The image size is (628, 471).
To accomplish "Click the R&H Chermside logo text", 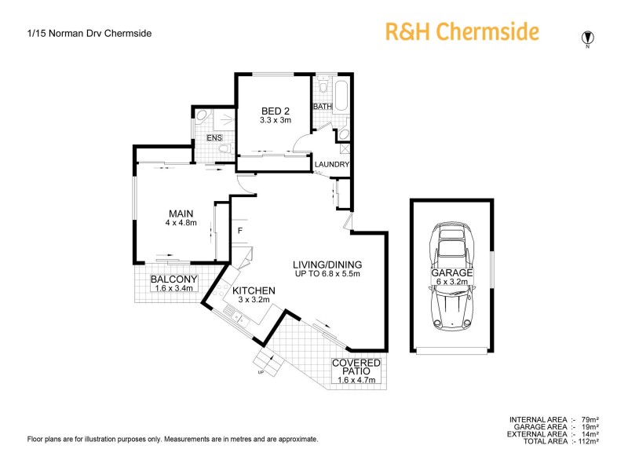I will (x=462, y=32).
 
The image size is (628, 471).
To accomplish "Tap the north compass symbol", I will (x=586, y=38).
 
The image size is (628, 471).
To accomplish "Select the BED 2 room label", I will (x=276, y=111).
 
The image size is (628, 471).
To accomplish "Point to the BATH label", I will (x=322, y=106).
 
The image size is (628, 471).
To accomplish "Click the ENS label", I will (x=214, y=139).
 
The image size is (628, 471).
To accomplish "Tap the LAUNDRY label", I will (x=332, y=164).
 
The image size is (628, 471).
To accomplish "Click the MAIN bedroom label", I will (x=181, y=213).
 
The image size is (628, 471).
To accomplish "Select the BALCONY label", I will (x=173, y=279).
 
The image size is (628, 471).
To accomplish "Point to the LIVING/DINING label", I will (x=327, y=265).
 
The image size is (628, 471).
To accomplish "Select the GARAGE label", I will (x=451, y=272).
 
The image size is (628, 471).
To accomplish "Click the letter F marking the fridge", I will (x=240, y=230).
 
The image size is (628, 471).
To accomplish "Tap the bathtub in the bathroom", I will (x=343, y=96).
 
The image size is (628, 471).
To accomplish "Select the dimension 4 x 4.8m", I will (x=181, y=222).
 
